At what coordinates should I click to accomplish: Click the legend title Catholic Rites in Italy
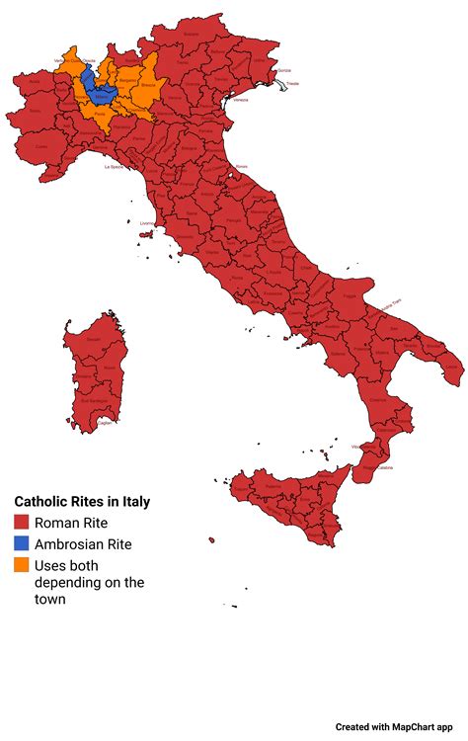coord(82,502)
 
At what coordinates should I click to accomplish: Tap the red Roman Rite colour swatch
coord(22,523)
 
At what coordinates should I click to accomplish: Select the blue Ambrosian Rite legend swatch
coord(22,544)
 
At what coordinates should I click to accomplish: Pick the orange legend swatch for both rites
coord(22,566)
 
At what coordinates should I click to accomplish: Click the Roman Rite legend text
coord(71,523)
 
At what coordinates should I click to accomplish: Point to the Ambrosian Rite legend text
coord(83,544)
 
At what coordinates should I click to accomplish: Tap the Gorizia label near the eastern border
coord(285,70)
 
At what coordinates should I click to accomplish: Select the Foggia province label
coord(348,294)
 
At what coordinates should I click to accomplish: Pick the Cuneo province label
coord(41,147)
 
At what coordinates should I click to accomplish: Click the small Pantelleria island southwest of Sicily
coord(211,540)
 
